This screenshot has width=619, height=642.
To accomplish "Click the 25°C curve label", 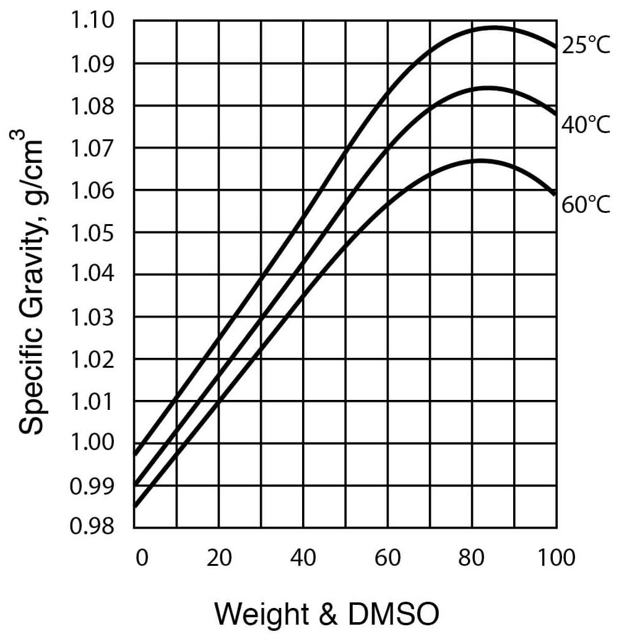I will pyautogui.click(x=586, y=46).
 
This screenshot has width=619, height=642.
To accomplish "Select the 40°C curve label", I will pyautogui.click(x=586, y=124).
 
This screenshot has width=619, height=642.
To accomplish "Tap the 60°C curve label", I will pyautogui.click(x=586, y=204).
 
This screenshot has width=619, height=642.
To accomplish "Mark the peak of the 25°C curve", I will pyautogui.click(x=494, y=28).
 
